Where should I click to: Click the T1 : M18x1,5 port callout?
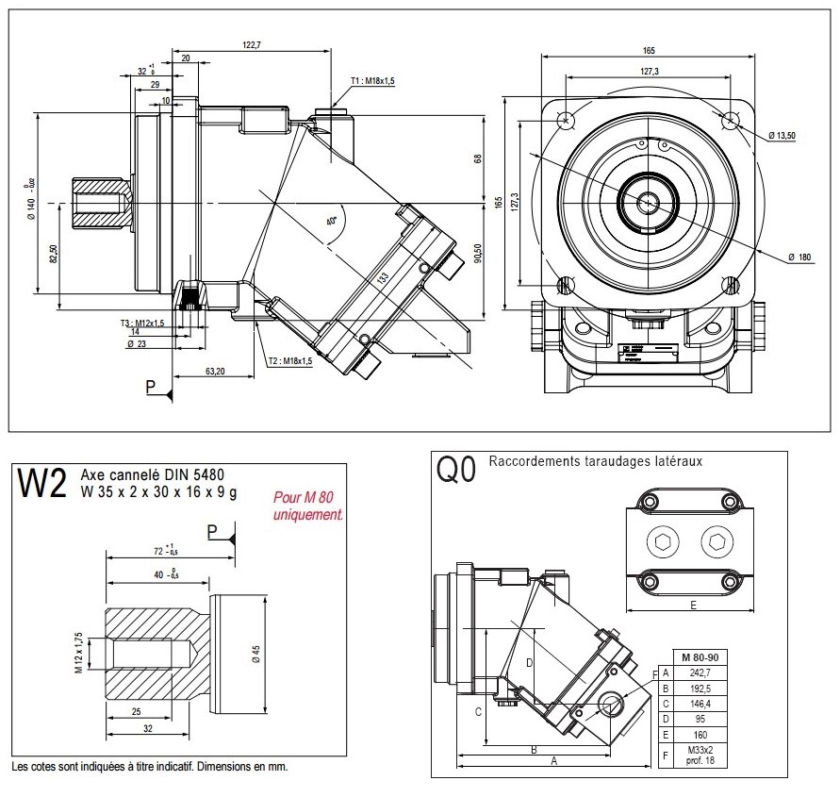[372, 82]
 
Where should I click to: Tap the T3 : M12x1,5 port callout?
[142, 323]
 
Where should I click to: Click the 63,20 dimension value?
[215, 372]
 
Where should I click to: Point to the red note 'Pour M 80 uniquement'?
[304, 506]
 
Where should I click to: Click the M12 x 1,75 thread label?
[80, 651]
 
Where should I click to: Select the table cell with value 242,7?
[699, 672]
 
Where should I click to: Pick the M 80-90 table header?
[699, 656]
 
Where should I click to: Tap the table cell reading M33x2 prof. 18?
[699, 755]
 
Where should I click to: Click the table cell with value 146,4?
[699, 703]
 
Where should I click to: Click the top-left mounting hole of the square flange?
[567, 121]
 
